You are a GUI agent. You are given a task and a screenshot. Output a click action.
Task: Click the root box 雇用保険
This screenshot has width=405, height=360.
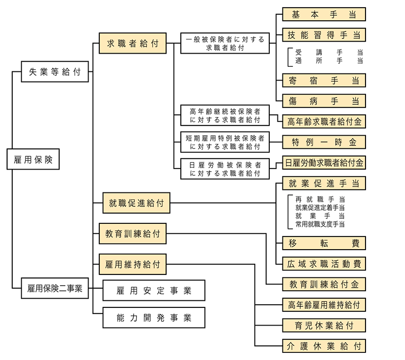(33, 159)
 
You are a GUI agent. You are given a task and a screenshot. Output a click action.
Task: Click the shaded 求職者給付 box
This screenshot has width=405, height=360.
(133, 44)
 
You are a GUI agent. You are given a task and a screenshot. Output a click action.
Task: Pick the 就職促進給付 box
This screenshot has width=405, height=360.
(136, 203)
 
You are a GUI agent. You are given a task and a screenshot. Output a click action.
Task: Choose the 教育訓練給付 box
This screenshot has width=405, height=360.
(132, 234)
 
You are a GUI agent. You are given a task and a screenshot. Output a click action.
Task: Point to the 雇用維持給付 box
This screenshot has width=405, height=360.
(132, 264)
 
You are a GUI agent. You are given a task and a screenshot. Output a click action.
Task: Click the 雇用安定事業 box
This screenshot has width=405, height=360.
(154, 291)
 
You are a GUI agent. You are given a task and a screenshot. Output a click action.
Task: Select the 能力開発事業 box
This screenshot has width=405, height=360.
(154, 318)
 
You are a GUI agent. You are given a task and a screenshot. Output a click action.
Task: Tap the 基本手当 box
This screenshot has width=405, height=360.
(323, 14)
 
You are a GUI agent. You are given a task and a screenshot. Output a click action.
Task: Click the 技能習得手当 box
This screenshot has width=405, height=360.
(323, 35)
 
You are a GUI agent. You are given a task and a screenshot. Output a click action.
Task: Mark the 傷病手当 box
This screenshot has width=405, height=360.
(323, 100)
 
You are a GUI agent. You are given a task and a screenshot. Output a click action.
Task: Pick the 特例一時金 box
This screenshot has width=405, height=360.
(323, 142)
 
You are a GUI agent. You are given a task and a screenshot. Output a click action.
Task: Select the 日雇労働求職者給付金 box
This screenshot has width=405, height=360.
(324, 163)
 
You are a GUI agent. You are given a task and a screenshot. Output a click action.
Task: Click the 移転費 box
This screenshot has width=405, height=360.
(323, 243)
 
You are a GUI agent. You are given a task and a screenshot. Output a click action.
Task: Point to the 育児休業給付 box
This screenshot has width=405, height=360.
(323, 325)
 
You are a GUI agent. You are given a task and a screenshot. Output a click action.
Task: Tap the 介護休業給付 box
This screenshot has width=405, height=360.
(323, 346)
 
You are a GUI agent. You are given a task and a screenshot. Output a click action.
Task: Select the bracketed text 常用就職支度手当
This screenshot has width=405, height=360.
(319, 223)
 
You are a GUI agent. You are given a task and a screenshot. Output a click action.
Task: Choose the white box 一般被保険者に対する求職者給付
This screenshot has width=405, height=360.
(225, 44)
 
